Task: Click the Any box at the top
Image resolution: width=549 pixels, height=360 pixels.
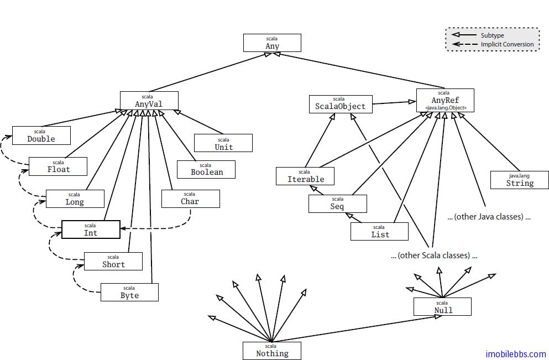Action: point(272,43)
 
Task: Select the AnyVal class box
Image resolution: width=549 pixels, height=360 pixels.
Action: point(149,101)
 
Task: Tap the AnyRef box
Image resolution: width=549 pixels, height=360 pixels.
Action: point(445,101)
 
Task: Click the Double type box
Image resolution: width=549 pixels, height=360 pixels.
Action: point(41,135)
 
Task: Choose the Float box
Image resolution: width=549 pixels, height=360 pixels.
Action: point(58,166)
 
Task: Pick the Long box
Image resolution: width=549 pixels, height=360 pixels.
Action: point(75,199)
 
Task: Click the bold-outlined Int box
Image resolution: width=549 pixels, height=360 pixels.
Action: point(91,229)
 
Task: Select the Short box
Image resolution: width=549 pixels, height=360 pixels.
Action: point(113,261)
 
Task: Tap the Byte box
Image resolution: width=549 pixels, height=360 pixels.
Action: point(129,292)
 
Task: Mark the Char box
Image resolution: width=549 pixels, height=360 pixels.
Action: point(190,199)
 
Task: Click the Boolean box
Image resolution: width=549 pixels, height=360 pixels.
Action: point(206,169)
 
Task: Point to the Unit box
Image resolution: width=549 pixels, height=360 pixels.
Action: point(223,143)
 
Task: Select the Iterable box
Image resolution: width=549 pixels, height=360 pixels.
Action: point(305,176)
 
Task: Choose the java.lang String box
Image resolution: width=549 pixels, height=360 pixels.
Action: point(520,180)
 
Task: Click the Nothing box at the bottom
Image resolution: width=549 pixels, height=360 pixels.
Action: point(272,350)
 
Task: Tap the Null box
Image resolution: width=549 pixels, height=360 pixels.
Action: point(442,306)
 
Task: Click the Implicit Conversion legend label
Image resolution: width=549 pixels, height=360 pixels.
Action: point(507,44)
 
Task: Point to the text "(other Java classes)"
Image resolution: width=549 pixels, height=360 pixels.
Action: point(489,217)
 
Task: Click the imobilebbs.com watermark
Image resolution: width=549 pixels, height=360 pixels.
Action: point(515,354)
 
